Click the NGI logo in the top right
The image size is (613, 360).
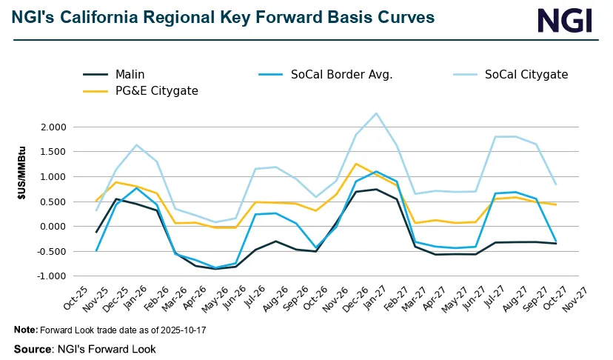(x=564, y=20)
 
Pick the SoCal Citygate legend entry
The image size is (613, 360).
(x=526, y=74)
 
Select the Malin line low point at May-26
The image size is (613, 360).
(x=215, y=269)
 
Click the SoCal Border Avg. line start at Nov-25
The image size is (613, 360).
(x=96, y=250)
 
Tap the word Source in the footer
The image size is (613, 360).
(x=31, y=348)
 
